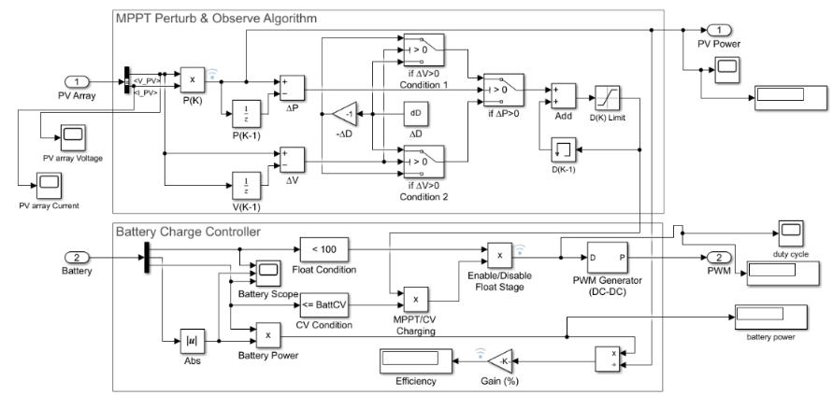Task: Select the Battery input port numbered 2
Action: [x=78, y=257]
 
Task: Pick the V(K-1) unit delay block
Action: [x=246, y=181]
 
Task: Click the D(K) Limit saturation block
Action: [x=608, y=97]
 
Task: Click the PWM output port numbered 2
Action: [x=717, y=257]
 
